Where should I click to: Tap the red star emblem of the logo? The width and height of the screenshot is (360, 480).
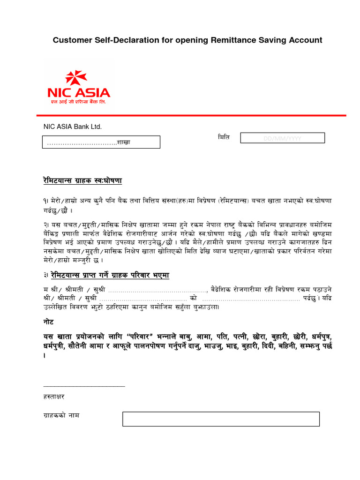pos(76,78)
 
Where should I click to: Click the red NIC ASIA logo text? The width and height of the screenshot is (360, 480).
pos(79,92)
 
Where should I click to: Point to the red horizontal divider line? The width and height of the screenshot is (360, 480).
pos(192,115)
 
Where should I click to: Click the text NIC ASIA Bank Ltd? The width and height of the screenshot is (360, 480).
pos(72,127)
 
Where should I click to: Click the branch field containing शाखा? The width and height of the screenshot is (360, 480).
pos(102,142)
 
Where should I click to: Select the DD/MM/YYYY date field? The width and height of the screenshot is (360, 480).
pos(282,138)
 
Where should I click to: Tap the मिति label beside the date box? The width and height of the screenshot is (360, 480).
pos(224,137)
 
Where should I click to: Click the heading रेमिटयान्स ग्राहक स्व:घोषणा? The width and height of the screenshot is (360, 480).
pos(82,180)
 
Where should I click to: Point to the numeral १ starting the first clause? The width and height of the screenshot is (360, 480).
pos(45,200)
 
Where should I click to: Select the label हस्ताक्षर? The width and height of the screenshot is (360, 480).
pos(54,397)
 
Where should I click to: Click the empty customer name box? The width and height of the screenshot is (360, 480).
pos(221,419)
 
